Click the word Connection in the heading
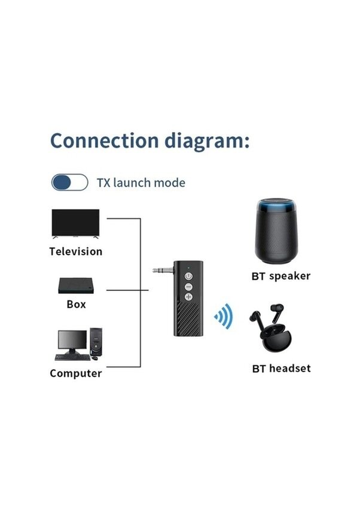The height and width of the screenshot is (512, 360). [103, 141]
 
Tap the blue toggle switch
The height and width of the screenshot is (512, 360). [69, 182]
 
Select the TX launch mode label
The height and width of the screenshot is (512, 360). [141, 183]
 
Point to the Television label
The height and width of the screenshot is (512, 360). [75, 252]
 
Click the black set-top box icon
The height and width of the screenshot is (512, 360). [76, 286]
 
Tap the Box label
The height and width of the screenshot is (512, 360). [76, 304]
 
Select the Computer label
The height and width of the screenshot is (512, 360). [75, 373]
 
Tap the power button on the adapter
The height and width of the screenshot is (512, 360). [189, 277]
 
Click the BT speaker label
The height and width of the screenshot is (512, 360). [280, 276]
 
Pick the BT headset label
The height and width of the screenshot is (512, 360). [281, 368]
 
